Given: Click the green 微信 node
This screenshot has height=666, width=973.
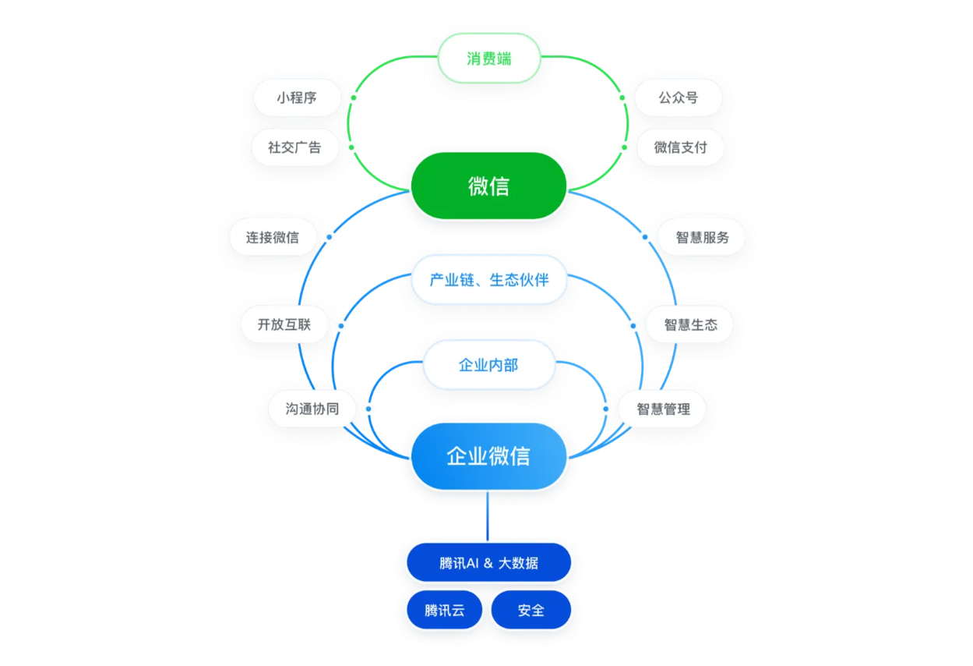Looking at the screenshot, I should (488, 186).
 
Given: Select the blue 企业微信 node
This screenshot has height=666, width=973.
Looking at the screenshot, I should (488, 456).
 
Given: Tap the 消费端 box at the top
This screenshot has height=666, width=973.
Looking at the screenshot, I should (489, 58).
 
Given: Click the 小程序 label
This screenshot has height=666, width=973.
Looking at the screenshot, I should (297, 97).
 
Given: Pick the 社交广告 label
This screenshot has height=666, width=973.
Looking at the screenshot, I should (294, 147).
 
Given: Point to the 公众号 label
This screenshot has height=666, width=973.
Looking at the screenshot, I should (678, 97).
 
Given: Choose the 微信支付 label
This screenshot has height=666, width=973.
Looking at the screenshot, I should (680, 147).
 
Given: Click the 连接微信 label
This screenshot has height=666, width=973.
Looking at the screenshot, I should (273, 237).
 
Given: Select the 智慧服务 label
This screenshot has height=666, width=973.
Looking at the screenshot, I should (702, 237).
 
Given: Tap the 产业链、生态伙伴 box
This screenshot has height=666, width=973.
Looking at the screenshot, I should (488, 279).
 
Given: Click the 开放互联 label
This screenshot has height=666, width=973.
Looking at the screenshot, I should (284, 324).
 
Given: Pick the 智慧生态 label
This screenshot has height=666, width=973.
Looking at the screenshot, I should (690, 324).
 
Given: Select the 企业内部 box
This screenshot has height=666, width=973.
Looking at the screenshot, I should (488, 364).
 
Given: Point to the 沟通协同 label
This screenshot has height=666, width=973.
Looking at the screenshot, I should (312, 409).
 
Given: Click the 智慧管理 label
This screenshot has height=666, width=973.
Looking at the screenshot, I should (663, 409).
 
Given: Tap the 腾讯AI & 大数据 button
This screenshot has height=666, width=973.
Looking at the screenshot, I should (488, 562).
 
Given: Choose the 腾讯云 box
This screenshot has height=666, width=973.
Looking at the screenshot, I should (445, 610).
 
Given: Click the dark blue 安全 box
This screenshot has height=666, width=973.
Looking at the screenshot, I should (531, 610).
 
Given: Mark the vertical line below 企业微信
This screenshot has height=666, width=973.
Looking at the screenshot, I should (488, 515).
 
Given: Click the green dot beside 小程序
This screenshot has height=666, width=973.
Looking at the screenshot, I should (353, 98).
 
